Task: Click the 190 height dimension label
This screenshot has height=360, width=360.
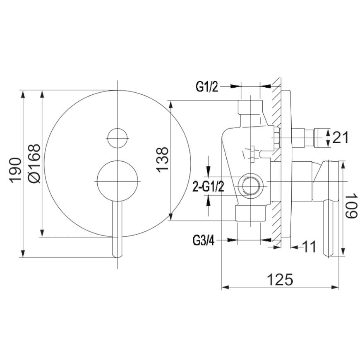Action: [15, 170]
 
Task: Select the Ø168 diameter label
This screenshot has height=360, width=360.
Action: [34, 163]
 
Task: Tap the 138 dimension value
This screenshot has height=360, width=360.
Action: [162, 160]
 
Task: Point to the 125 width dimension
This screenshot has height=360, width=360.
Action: [280, 279]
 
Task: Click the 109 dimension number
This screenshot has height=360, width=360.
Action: [351, 206]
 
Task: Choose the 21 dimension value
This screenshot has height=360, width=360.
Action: [341, 137]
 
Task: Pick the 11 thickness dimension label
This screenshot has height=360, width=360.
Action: [308, 247]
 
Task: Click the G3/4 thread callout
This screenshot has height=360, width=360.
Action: [204, 241]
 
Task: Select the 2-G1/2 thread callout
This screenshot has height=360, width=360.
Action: [208, 187]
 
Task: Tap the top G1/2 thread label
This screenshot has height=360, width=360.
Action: [207, 87]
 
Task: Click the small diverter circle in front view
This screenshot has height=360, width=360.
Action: [118, 138]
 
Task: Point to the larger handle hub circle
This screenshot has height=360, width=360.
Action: [118, 181]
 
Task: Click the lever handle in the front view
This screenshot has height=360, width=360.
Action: [118, 229]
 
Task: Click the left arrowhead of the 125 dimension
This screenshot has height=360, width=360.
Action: [226, 288]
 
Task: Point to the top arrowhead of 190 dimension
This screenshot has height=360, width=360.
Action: [23, 94]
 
